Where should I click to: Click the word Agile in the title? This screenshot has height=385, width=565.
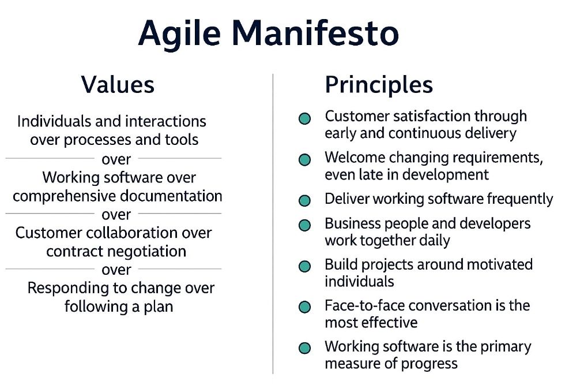point(179,33)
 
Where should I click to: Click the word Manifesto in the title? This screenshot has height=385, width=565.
point(316,33)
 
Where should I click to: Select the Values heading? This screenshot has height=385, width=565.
point(118,85)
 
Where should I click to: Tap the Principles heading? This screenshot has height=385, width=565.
point(379,85)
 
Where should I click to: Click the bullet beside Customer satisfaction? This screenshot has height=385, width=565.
point(304,118)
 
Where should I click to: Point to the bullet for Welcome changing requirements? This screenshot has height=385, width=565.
point(304,159)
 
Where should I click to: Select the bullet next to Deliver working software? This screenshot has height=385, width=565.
point(304,201)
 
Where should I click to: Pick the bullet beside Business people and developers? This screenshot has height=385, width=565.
point(304,225)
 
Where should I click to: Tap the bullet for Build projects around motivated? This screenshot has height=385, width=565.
point(304,266)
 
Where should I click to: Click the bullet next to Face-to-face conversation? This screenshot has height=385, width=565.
point(304,307)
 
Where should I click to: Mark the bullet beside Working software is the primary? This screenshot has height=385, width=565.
point(304,348)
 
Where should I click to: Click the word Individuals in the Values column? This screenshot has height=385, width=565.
point(54,121)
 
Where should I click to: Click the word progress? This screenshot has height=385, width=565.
point(429,364)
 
